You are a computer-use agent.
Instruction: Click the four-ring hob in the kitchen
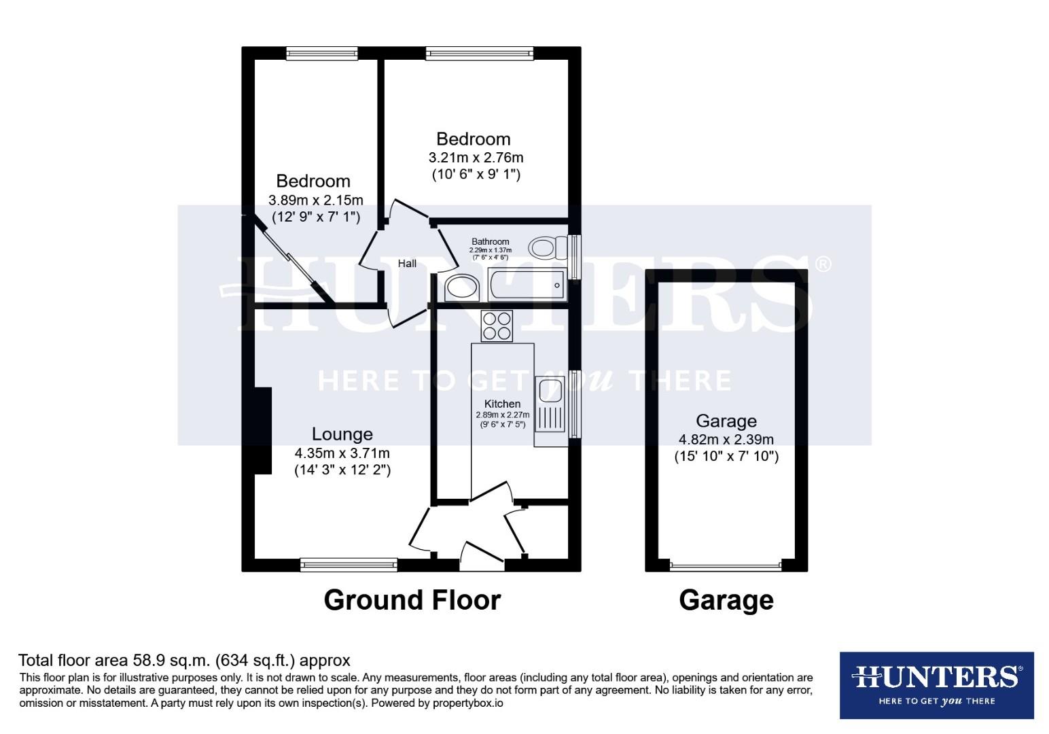pyautogui.click(x=497, y=326)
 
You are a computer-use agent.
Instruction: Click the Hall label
pyautogui.click(x=407, y=264)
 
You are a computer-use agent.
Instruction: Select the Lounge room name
pyautogui.click(x=342, y=434)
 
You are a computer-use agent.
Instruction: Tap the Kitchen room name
pyautogui.click(x=502, y=404)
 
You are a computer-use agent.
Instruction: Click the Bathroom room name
pyautogui.click(x=491, y=242)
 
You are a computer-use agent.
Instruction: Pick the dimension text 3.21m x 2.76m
pyautogui.click(x=476, y=158)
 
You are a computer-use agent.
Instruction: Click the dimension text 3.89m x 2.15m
pyautogui.click(x=316, y=200)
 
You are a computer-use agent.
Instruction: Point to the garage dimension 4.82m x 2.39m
pyautogui.click(x=726, y=439)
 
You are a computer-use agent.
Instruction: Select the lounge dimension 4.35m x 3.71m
pyautogui.click(x=342, y=453)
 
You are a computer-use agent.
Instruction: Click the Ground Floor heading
pyautogui.click(x=412, y=600)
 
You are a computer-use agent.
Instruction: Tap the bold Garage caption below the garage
pyautogui.click(x=726, y=601)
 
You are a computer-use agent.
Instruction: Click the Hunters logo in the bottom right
pyautogui.click(x=936, y=685)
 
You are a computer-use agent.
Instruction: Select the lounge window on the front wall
pyautogui.click(x=349, y=564)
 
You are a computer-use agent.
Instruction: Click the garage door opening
pyautogui.click(x=726, y=565)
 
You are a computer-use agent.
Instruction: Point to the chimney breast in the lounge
pyautogui.click(x=263, y=431)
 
